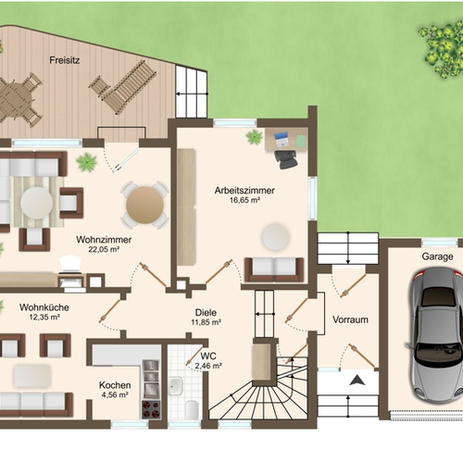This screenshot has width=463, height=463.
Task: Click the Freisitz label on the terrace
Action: click(65, 60)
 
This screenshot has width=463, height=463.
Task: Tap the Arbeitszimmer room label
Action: click(244, 191)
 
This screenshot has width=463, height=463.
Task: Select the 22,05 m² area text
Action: click(104, 249)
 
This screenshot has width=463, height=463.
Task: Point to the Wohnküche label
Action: click(44, 307)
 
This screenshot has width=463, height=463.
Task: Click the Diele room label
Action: click(206, 312)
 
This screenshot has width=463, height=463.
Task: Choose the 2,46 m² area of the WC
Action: click(208, 366)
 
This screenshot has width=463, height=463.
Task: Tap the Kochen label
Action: click(115, 385)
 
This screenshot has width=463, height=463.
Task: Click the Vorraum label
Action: click(350, 319)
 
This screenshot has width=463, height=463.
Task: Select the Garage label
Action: click(438, 257)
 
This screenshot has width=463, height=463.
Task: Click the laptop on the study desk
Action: click(282, 140)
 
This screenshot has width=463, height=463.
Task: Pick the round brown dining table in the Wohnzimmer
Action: click(144, 205)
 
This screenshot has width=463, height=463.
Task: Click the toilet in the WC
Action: click(192, 410)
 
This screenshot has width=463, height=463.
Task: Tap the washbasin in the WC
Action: click(176, 385)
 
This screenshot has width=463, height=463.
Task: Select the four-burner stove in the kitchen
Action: click(151, 409)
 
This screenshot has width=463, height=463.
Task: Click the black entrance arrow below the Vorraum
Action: click(357, 381)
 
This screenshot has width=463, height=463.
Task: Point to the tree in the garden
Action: click(442, 49)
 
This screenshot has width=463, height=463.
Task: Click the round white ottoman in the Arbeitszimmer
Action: click(276, 237)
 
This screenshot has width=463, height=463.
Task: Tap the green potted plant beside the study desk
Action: click(255, 137)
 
